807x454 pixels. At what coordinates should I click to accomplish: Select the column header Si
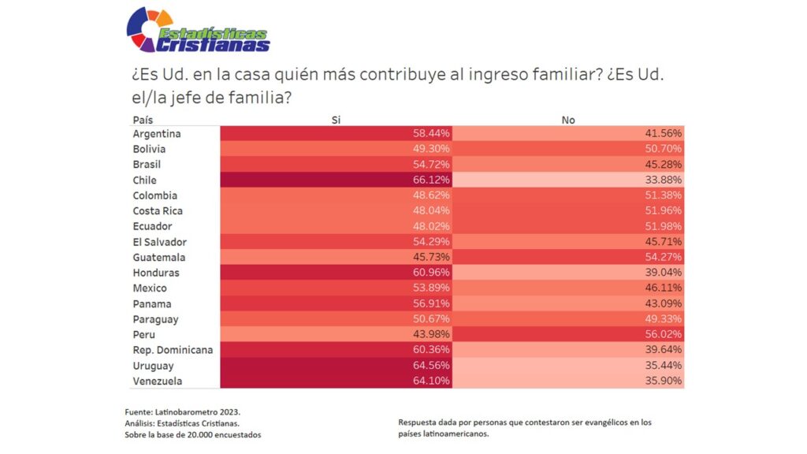[x=337, y=120]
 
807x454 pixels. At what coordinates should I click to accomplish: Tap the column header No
[x=567, y=120]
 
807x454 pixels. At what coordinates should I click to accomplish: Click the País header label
[x=143, y=120]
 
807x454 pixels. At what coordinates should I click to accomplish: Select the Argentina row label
[x=157, y=133]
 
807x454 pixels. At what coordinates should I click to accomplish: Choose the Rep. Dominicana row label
[x=173, y=350]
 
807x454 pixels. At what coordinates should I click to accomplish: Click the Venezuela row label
[x=158, y=381]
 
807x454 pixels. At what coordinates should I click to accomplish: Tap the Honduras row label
[x=156, y=273]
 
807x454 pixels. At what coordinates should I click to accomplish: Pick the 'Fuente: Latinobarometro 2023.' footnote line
[x=183, y=412]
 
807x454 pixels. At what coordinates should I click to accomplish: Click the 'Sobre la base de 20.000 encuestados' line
[x=192, y=435]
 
